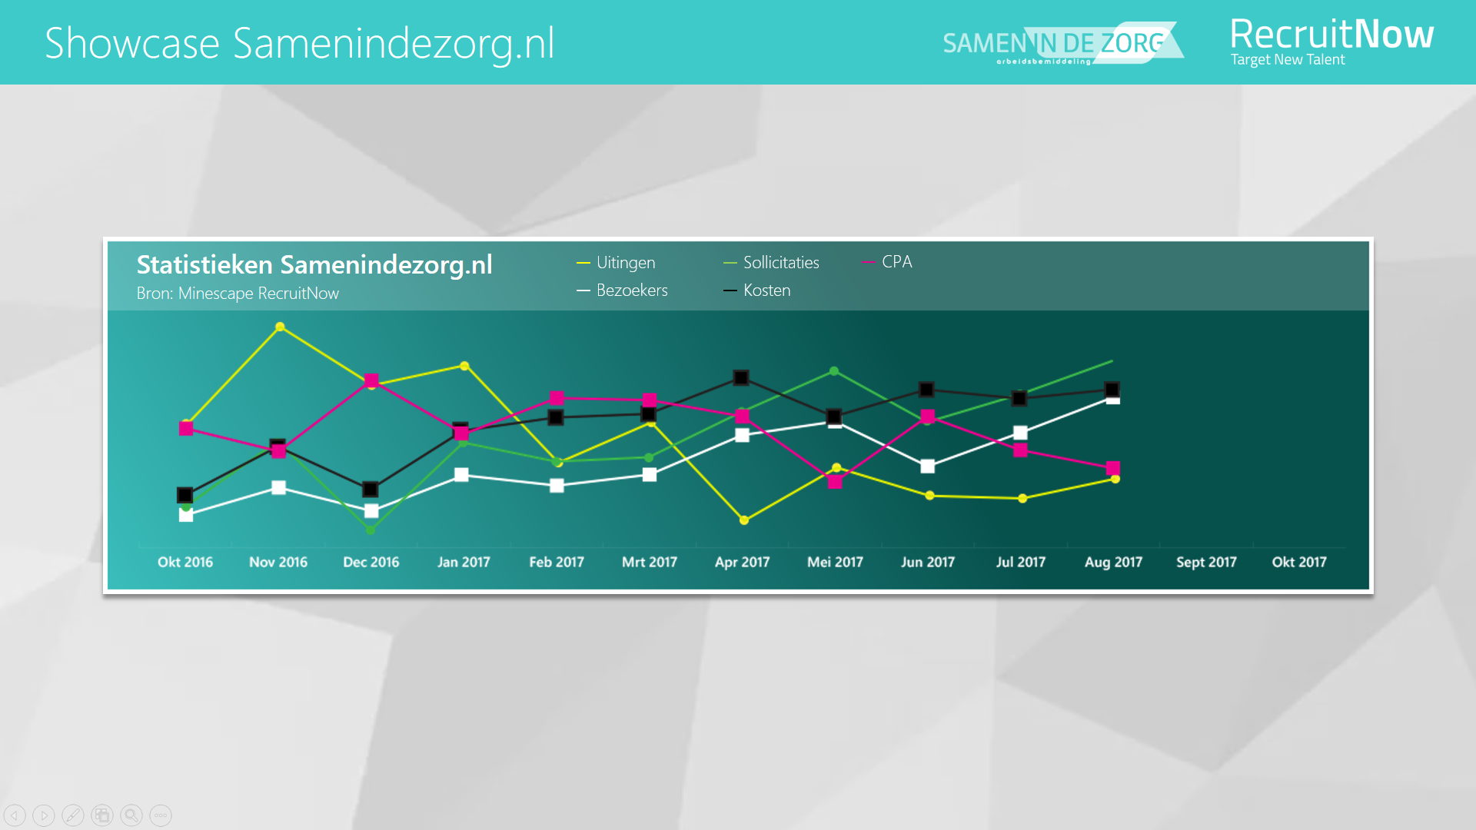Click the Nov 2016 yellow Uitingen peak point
pos(280,327)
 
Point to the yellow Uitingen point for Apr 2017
pos(743,520)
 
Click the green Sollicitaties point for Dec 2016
pos(371,530)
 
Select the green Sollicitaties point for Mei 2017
pos(834,371)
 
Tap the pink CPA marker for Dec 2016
pos(371,380)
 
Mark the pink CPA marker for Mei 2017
pos(835,482)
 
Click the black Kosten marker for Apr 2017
pos(741,377)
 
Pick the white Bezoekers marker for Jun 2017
pos(928,466)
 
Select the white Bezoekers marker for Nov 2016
pos(279,487)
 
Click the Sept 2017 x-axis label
pos(1206,562)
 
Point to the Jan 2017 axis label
pos(464,562)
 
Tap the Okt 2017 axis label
pos(1299,562)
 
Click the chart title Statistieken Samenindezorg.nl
pos(314,265)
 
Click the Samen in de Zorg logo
pos(1061,44)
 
